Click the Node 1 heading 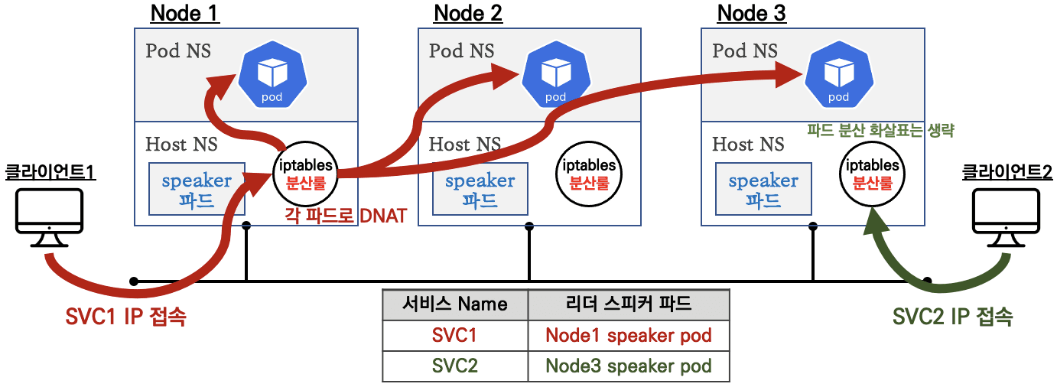point(185,13)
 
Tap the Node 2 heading point(468,13)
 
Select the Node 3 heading point(751,13)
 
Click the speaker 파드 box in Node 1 point(197,189)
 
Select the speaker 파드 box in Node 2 point(480,189)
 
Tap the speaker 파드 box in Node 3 point(763,189)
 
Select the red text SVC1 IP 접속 point(125,316)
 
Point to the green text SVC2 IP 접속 point(952,316)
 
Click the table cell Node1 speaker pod point(628,335)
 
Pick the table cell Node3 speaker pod point(628,366)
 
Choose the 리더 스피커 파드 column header point(628,304)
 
